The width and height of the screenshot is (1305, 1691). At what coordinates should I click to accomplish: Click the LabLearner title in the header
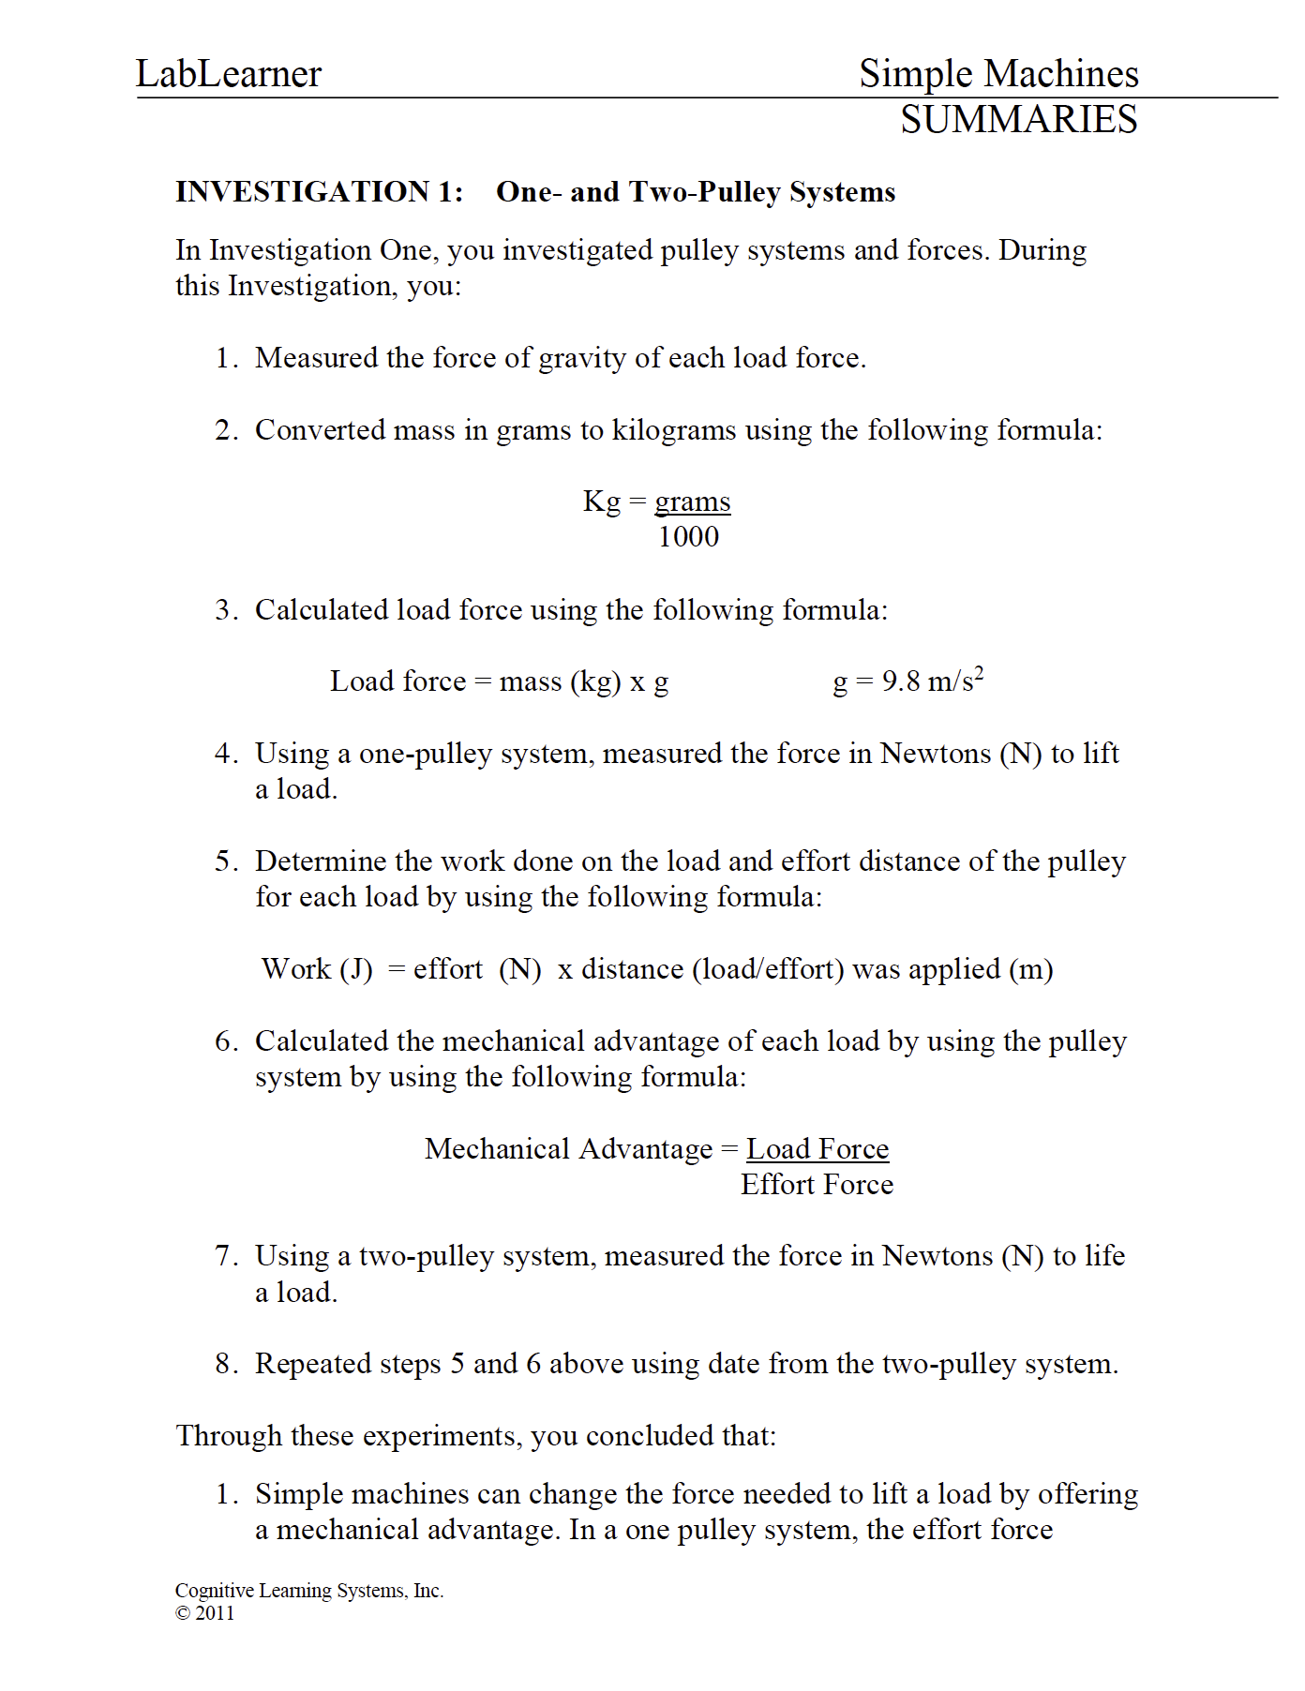pyautogui.click(x=228, y=74)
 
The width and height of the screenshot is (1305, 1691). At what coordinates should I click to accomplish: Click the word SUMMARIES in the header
pyautogui.click(x=1018, y=120)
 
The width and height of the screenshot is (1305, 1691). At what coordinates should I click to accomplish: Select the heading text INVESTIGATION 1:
pyautogui.click(x=319, y=192)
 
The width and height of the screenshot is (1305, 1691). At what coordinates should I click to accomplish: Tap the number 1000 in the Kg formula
pyautogui.click(x=688, y=537)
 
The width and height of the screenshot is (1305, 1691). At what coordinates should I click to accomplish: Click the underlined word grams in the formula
pyautogui.click(x=692, y=501)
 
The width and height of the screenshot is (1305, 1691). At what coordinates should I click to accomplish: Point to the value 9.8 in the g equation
pyautogui.click(x=901, y=681)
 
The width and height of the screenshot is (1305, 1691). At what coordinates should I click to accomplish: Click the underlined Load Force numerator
pyautogui.click(x=817, y=1149)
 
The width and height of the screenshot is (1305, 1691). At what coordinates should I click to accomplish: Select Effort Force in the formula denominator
pyautogui.click(x=817, y=1185)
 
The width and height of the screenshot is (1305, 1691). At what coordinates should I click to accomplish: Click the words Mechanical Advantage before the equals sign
pyautogui.click(x=568, y=1149)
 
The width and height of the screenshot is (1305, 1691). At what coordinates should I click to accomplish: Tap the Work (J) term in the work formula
pyautogui.click(x=317, y=969)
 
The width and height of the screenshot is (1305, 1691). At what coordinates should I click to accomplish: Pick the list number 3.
pyautogui.click(x=225, y=610)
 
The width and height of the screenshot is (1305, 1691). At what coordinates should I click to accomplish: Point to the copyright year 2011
pyautogui.click(x=215, y=1613)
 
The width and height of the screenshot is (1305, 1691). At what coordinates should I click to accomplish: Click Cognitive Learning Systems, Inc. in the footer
pyautogui.click(x=308, y=1591)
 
